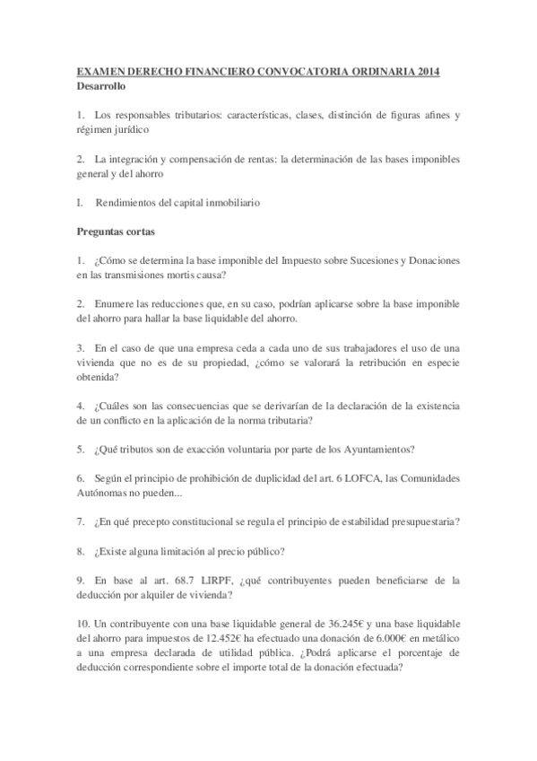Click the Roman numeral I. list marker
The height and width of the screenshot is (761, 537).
pos(80,203)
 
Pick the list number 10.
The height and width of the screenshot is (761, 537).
pos(83,623)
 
